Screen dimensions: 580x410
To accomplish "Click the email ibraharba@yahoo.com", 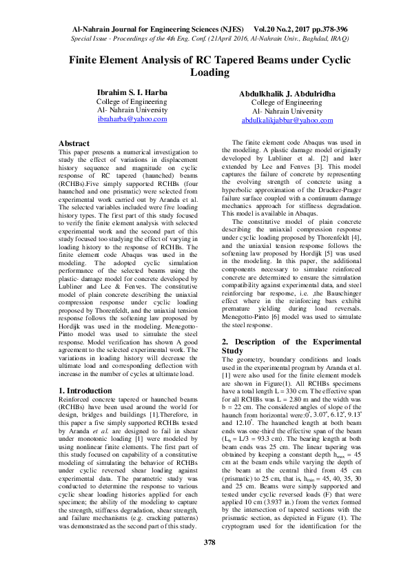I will (x=132, y=119).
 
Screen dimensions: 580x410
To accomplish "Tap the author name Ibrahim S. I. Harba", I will (x=132, y=91).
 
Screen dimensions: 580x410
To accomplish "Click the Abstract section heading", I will (x=74, y=143).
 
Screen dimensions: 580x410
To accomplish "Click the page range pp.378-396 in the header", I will (x=322, y=30).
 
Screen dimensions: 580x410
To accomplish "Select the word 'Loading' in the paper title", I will (x=209, y=72).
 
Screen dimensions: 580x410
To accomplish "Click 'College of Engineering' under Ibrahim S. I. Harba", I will (x=132, y=101).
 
